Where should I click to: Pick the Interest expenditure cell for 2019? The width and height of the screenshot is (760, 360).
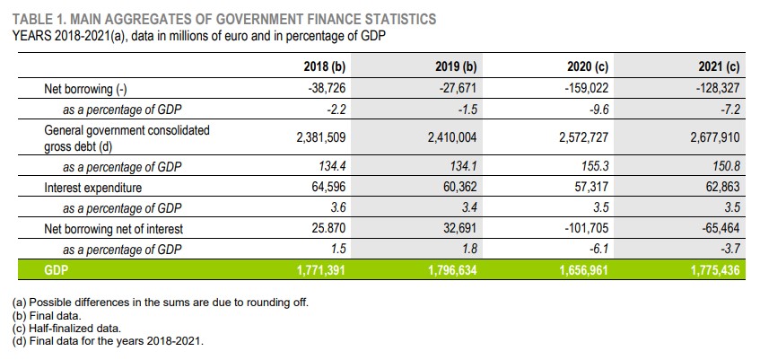[452, 189]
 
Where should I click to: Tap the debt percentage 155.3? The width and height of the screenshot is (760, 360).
[596, 167]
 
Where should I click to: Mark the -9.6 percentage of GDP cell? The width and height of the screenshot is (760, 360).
[598, 110]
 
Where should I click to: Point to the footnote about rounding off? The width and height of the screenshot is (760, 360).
[162, 303]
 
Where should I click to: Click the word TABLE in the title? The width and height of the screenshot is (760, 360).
[33, 19]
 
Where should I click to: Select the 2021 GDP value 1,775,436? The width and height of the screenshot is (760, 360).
[715, 270]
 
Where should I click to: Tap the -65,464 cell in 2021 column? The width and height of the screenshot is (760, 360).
[721, 229]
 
